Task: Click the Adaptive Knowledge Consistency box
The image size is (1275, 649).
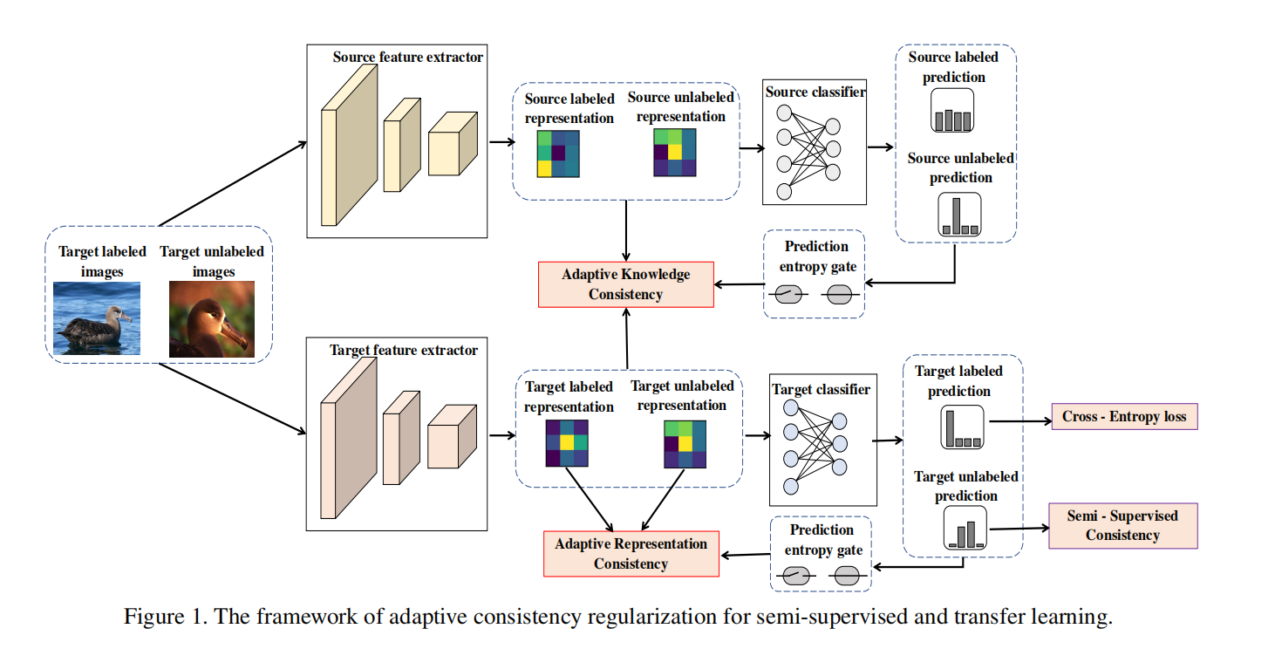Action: coord(625,284)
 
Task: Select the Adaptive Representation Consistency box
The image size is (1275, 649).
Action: coord(631,554)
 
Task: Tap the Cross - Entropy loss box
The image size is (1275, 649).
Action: coord(1124,416)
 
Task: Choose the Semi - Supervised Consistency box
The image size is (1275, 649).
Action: coord(1122,525)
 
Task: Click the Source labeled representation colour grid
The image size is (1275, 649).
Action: coord(556,154)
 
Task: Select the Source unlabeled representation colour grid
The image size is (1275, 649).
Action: coord(674,154)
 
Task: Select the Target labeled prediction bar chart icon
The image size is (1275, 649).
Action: coord(962,428)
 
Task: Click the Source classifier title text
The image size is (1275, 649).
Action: coord(815,92)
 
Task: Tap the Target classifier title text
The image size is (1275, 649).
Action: coord(821,389)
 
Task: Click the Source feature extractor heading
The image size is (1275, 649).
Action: coord(407,58)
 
